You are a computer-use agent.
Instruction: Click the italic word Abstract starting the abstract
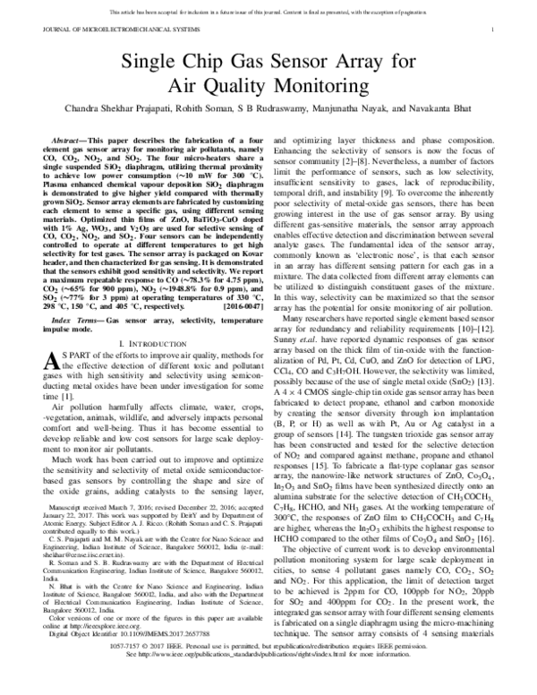[71, 142]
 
